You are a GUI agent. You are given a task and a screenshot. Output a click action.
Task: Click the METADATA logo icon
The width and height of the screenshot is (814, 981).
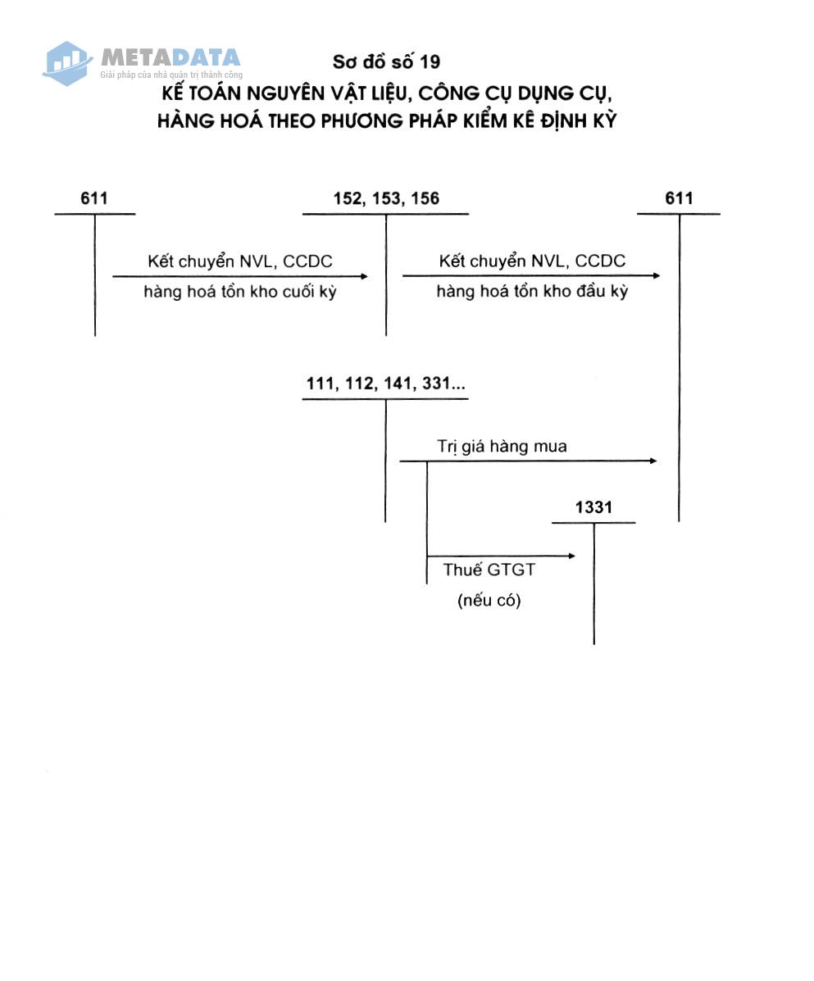pos(66,61)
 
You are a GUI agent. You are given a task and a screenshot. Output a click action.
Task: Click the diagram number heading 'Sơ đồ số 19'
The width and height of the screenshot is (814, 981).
pos(386,61)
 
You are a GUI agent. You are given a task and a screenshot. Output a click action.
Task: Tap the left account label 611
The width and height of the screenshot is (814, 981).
pos(94,198)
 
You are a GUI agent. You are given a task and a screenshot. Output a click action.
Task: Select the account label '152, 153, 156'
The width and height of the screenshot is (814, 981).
pos(386,198)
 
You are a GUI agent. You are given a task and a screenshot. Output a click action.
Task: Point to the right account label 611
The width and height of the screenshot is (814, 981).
pos(679,198)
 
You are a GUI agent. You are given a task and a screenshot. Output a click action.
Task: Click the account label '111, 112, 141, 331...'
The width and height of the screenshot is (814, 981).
pos(385,384)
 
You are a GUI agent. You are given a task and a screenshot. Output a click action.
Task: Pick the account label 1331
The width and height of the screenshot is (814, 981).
pos(593,507)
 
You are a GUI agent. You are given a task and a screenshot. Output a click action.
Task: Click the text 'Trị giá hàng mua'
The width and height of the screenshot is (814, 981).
pos(502,447)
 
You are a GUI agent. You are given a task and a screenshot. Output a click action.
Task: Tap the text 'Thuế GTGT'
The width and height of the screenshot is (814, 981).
pos(489,570)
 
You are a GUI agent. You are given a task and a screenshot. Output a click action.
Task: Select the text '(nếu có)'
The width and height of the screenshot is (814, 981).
pos(489,600)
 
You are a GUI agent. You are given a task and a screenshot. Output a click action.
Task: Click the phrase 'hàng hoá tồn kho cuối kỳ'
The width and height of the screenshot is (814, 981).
pos(240,292)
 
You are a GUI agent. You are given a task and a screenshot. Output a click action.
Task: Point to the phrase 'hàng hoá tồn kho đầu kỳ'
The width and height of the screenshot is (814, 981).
pos(532,292)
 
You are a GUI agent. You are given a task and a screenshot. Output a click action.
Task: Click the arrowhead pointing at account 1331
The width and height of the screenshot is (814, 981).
pos(571,556)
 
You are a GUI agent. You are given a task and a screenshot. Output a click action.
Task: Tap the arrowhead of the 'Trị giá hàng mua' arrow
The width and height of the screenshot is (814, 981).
pos(653,461)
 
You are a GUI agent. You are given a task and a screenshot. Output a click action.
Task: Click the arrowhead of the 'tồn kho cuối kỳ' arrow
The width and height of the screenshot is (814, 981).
pos(364,276)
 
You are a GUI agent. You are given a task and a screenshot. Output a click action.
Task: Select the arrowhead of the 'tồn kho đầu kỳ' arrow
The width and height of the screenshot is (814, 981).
pos(656,276)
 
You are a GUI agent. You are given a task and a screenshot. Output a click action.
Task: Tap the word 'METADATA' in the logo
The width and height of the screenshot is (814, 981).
pos(171,57)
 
